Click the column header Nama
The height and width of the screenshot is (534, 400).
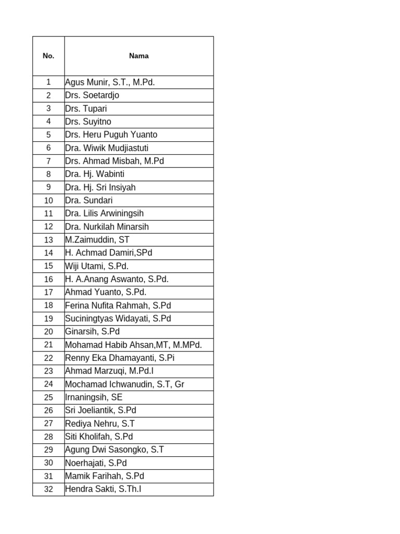[x=139, y=56]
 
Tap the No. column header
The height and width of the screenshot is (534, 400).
[x=48, y=56]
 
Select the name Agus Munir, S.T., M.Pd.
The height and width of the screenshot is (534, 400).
[x=110, y=82]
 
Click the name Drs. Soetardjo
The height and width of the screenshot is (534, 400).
[x=92, y=95]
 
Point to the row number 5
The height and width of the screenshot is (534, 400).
[x=48, y=135]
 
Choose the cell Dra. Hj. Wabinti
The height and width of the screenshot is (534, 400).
[x=95, y=174]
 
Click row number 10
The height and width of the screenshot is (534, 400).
[x=48, y=200]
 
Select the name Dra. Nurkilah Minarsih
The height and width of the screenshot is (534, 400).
[x=107, y=227]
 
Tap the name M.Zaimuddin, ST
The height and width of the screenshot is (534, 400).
[x=97, y=240]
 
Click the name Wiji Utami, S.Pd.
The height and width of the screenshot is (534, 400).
[x=97, y=266]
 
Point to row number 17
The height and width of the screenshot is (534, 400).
[x=48, y=293]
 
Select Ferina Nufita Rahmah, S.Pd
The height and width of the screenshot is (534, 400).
[x=118, y=306]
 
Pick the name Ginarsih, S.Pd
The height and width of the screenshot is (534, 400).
[x=93, y=332]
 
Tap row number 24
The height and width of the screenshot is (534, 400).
[x=48, y=384]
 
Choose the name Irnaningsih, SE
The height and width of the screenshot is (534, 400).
[x=94, y=397]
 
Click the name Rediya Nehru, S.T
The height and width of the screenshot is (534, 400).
[x=100, y=424]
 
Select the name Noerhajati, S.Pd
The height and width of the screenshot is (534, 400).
[x=96, y=463]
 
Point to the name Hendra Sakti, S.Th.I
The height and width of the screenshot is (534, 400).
[x=103, y=490]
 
